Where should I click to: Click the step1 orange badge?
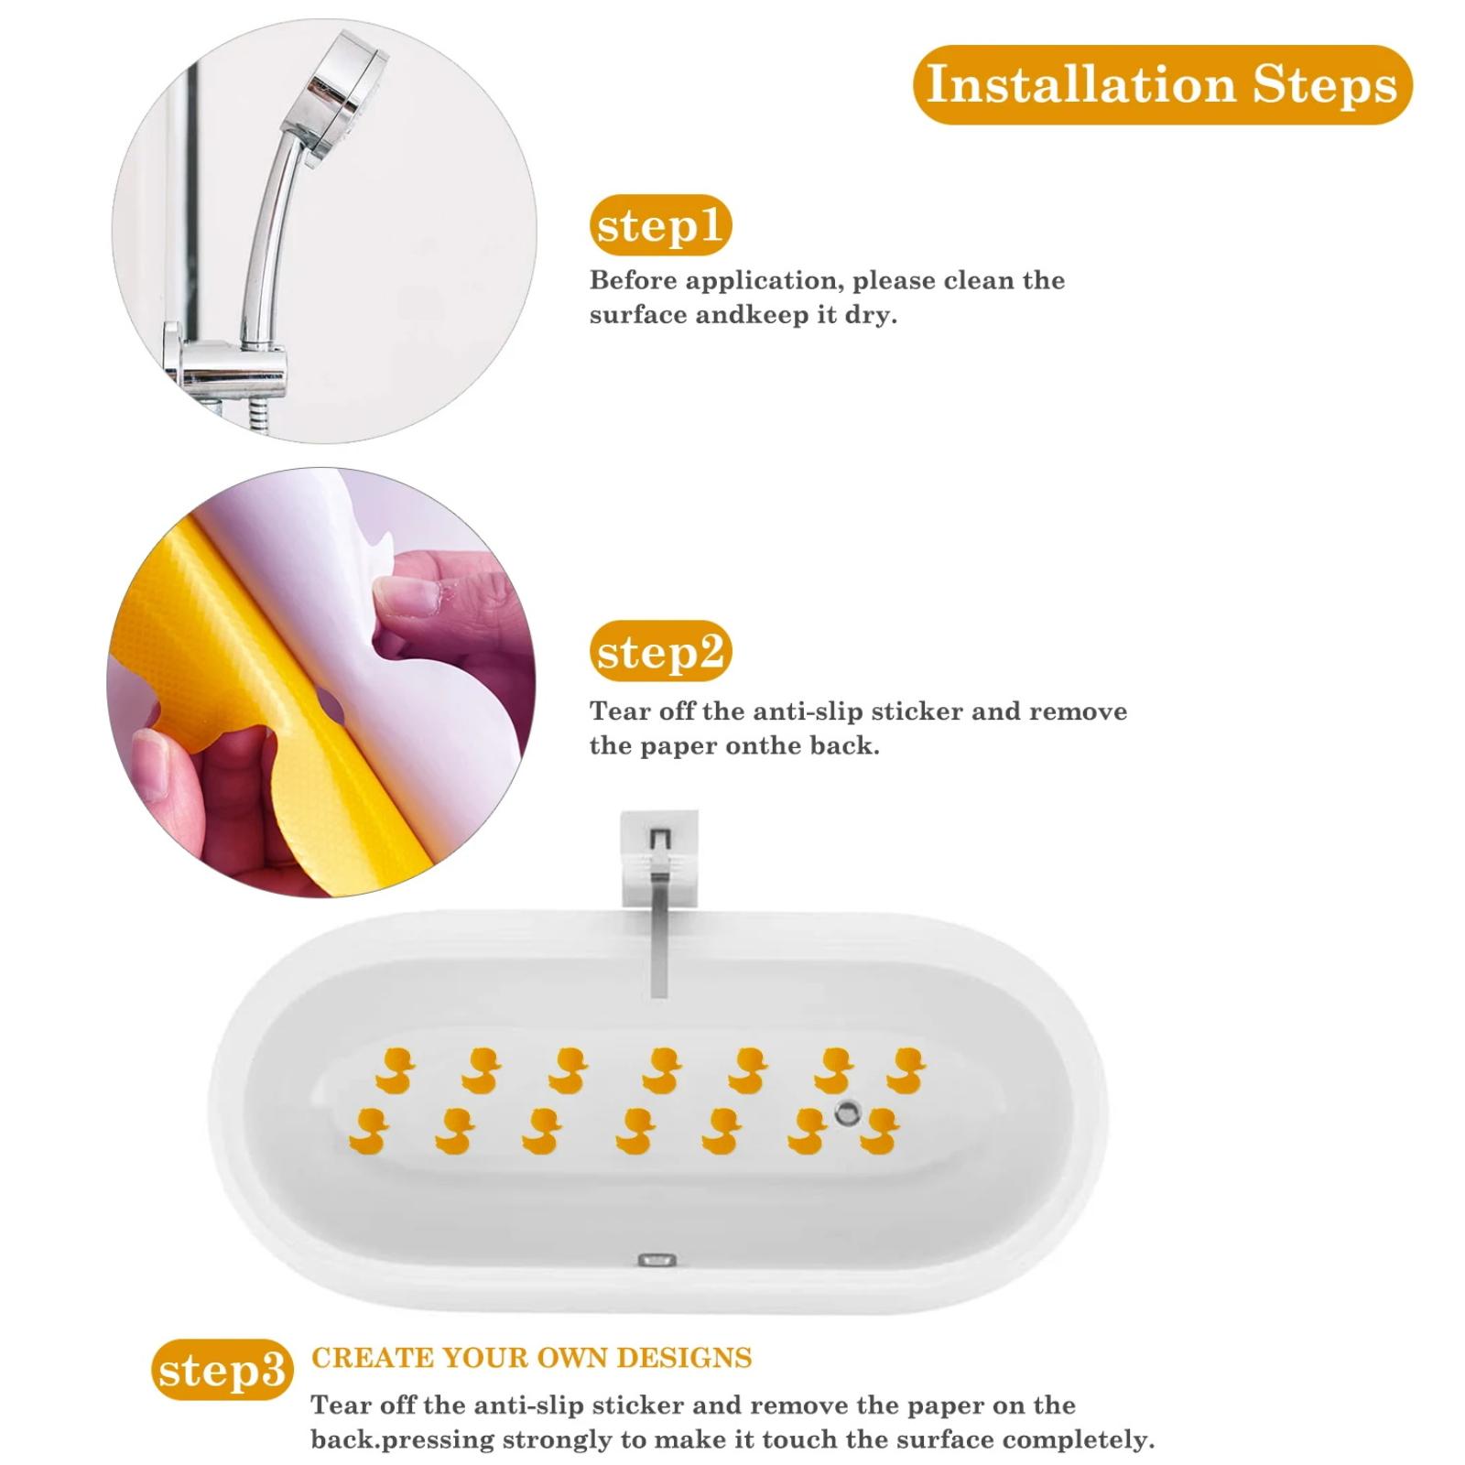(660, 225)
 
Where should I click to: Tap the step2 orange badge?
(660, 651)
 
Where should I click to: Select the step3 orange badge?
(222, 1370)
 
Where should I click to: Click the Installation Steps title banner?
(1162, 84)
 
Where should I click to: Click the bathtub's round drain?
(848, 1113)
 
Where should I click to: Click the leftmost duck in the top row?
(396, 1070)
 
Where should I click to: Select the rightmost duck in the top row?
(906, 1070)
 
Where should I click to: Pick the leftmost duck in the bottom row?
(369, 1130)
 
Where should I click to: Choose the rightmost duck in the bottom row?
(879, 1131)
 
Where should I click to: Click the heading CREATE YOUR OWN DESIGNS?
(531, 1357)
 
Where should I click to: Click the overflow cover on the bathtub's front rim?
(657, 1261)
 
